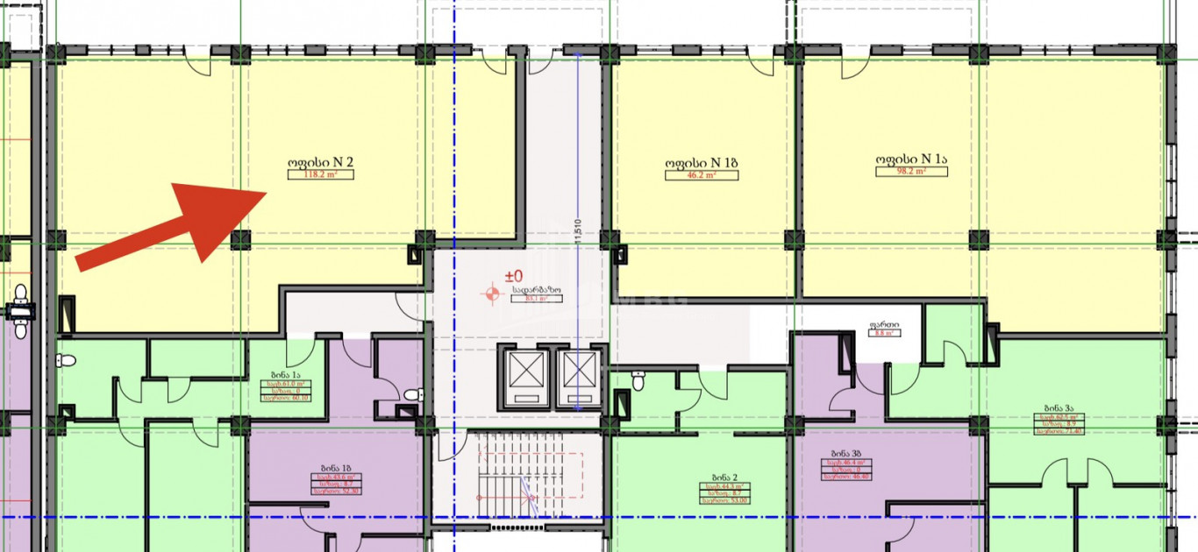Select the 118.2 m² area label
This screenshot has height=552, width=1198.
(x=320, y=174)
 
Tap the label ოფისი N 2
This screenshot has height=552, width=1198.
(x=320, y=162)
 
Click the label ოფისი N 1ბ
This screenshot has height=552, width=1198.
(x=701, y=162)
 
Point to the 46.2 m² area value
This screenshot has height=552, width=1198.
(x=701, y=175)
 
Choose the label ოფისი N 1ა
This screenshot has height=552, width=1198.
(x=911, y=159)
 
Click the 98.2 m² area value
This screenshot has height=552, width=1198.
(x=911, y=172)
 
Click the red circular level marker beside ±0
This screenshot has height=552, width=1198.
(x=491, y=294)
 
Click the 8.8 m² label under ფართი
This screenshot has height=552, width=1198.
(x=883, y=333)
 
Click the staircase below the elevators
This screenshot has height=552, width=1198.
(x=517, y=482)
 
